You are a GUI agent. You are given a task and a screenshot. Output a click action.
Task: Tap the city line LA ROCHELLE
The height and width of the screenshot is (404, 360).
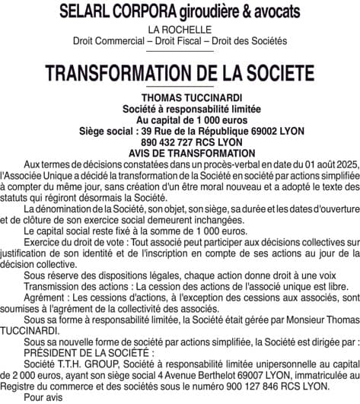[180, 30]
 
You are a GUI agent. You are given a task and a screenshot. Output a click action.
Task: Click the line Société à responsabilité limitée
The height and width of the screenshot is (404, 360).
[180, 110]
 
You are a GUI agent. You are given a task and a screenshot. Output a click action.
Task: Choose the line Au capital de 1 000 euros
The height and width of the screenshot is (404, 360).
[180, 121]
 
